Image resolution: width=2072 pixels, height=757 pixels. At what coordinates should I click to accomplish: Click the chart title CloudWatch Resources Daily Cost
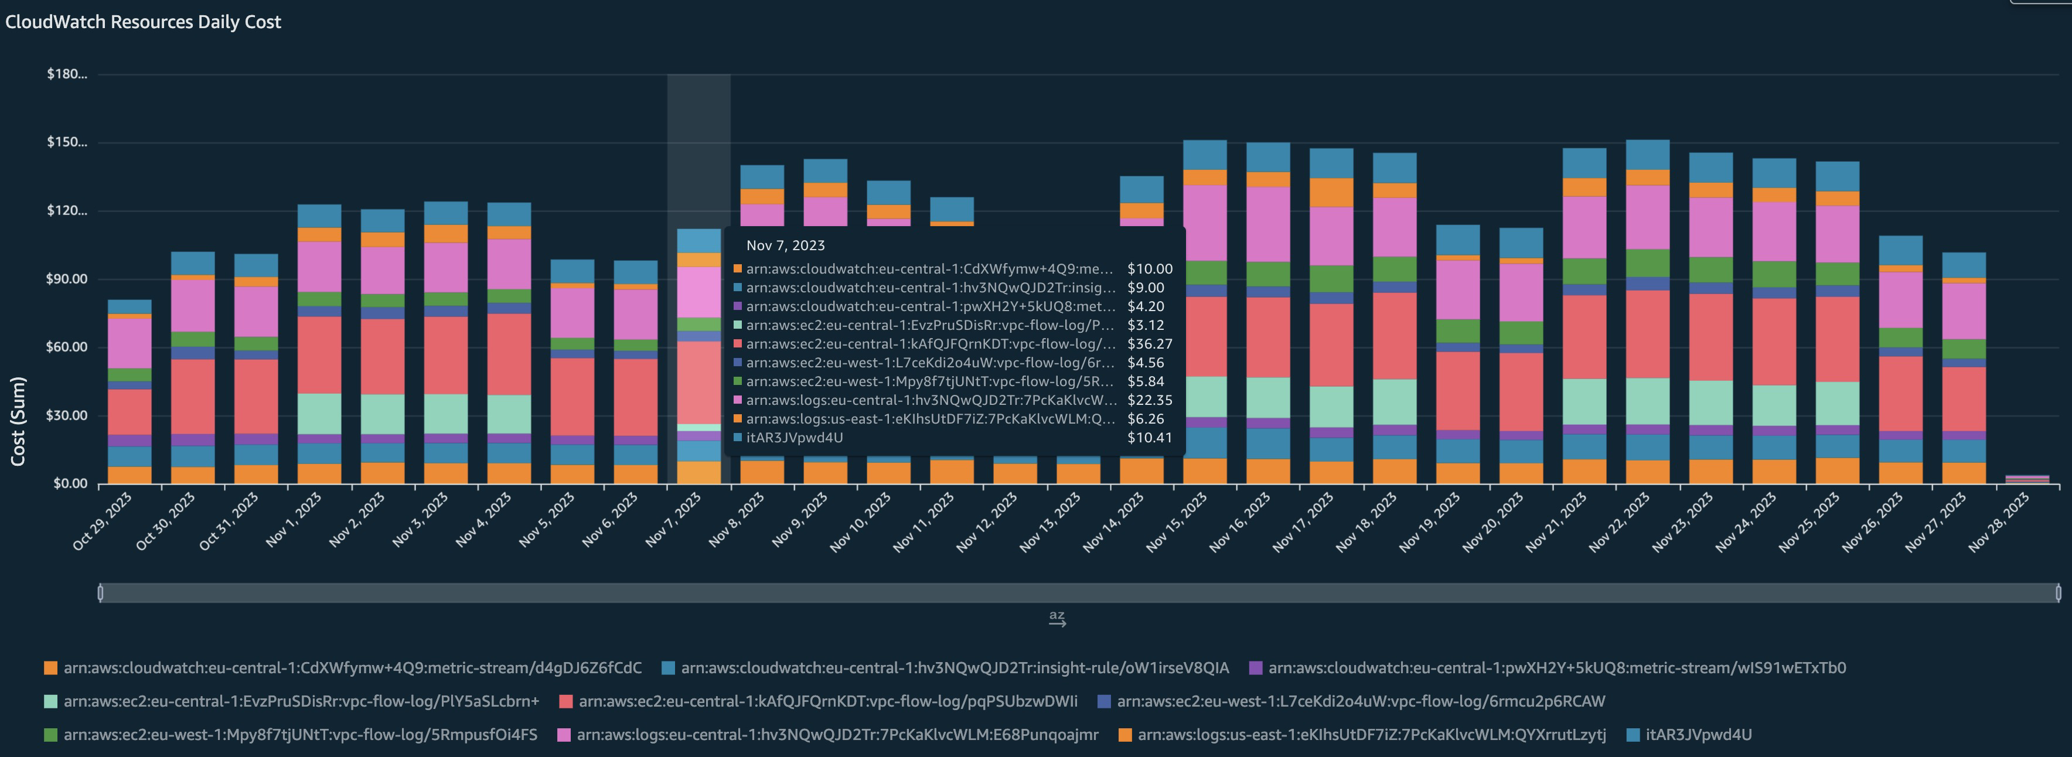[143, 22]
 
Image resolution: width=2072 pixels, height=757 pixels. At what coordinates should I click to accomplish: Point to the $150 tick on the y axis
[66, 142]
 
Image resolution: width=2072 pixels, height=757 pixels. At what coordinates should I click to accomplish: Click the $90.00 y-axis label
[66, 279]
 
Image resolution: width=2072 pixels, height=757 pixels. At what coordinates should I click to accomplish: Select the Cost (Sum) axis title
[18, 421]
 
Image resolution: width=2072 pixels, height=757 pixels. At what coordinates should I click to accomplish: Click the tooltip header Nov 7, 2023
[785, 245]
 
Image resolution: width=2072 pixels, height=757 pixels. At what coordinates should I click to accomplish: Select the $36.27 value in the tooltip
[1150, 343]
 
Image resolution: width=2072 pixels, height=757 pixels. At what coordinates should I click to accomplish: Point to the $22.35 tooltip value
[1150, 400]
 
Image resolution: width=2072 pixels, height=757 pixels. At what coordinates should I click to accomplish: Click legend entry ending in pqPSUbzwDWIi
[827, 701]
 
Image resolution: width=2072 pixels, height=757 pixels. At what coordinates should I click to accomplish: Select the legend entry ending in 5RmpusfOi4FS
[299, 735]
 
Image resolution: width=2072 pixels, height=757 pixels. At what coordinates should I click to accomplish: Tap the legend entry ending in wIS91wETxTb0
[1556, 668]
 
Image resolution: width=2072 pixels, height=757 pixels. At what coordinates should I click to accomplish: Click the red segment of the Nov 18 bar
[1394, 336]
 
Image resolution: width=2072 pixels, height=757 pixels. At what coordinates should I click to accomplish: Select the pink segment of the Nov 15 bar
[1204, 223]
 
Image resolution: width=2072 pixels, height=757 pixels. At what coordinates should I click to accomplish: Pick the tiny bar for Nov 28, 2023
[2026, 479]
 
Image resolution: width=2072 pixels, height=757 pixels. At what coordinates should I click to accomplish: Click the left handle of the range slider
[101, 593]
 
